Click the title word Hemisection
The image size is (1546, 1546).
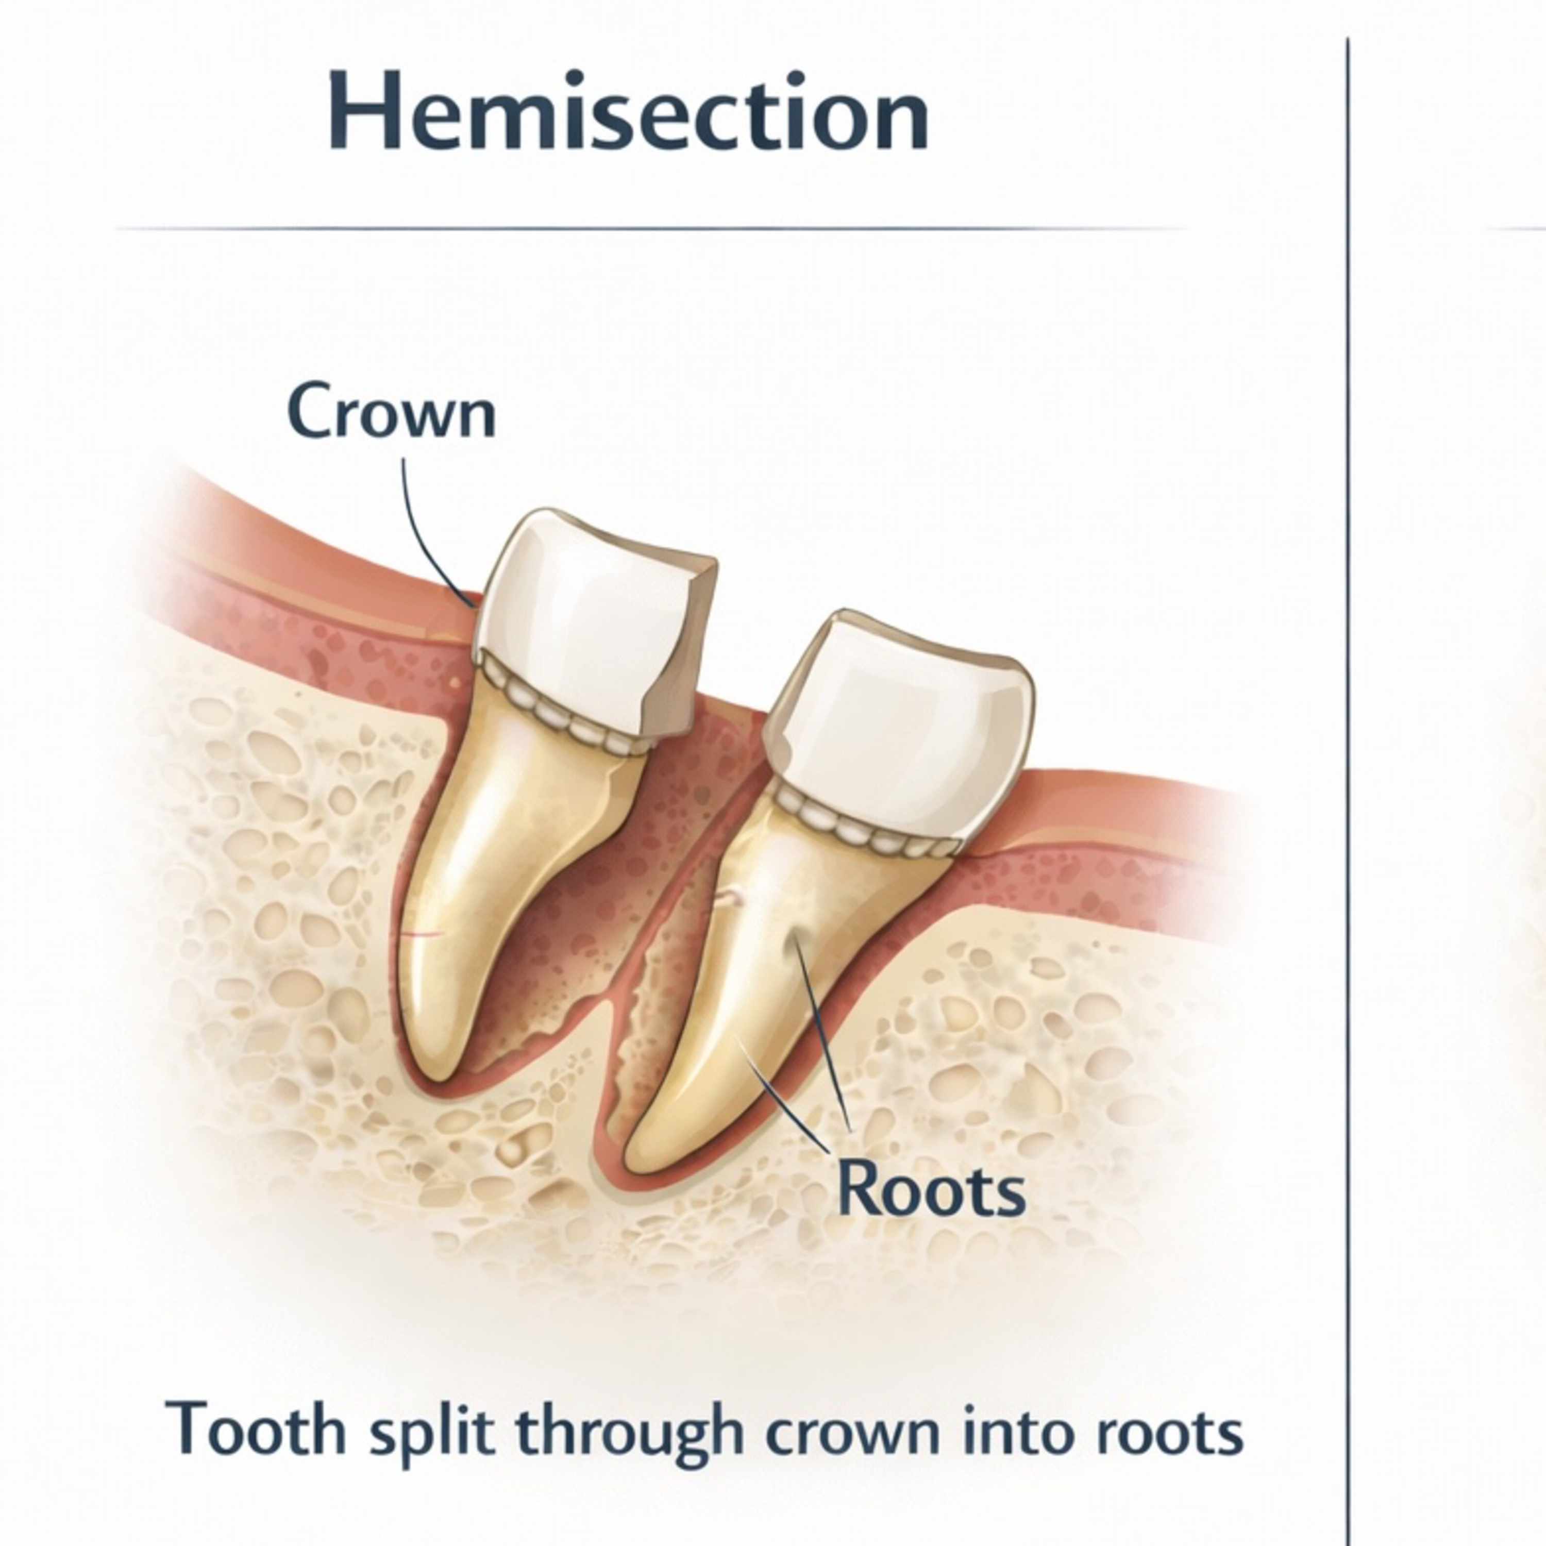[628, 112]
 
